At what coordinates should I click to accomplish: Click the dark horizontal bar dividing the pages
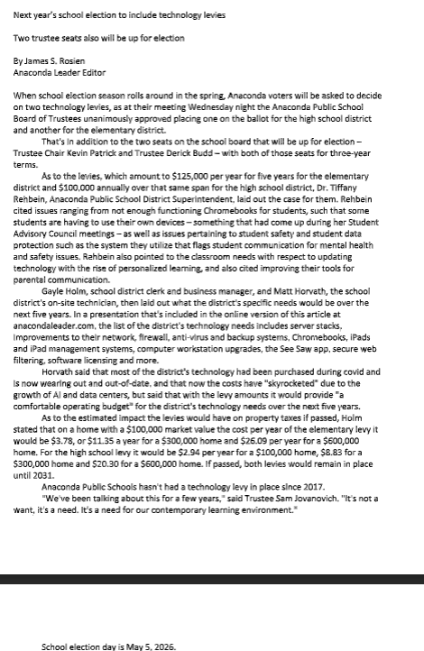tap(212, 576)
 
